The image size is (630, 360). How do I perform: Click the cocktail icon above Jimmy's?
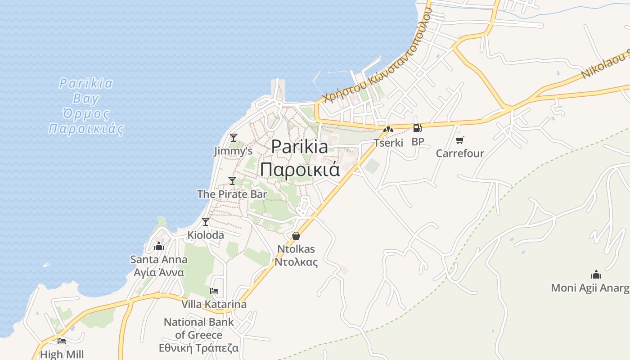tap(233, 137)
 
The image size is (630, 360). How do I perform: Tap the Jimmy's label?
tap(233, 151)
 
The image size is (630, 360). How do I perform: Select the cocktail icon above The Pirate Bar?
tap(232, 181)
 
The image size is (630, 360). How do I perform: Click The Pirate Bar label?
tap(232, 194)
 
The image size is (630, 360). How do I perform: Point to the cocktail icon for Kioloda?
tap(206, 222)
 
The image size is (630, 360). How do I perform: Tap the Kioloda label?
tap(206, 235)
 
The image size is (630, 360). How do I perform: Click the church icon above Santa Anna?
tap(158, 246)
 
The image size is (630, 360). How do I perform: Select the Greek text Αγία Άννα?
tap(159, 273)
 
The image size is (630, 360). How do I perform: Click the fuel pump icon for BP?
tap(417, 128)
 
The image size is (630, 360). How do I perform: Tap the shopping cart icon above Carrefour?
tap(459, 140)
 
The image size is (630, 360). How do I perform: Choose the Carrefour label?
tap(460, 153)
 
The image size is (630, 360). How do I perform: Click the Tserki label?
tap(388, 143)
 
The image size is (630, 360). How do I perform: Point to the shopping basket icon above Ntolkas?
tap(296, 235)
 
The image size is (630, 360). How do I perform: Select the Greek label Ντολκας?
tap(296, 262)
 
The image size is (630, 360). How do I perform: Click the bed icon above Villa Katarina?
tap(214, 291)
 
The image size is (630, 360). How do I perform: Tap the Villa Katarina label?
tap(214, 305)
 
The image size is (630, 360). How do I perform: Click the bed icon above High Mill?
tap(62, 341)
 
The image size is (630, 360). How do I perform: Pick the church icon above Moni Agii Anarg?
tap(596, 274)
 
